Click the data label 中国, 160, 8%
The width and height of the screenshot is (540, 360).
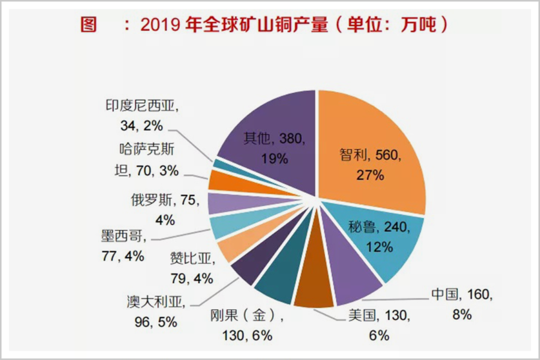coord(461,305)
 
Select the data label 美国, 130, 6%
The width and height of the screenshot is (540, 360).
coord(371,325)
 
